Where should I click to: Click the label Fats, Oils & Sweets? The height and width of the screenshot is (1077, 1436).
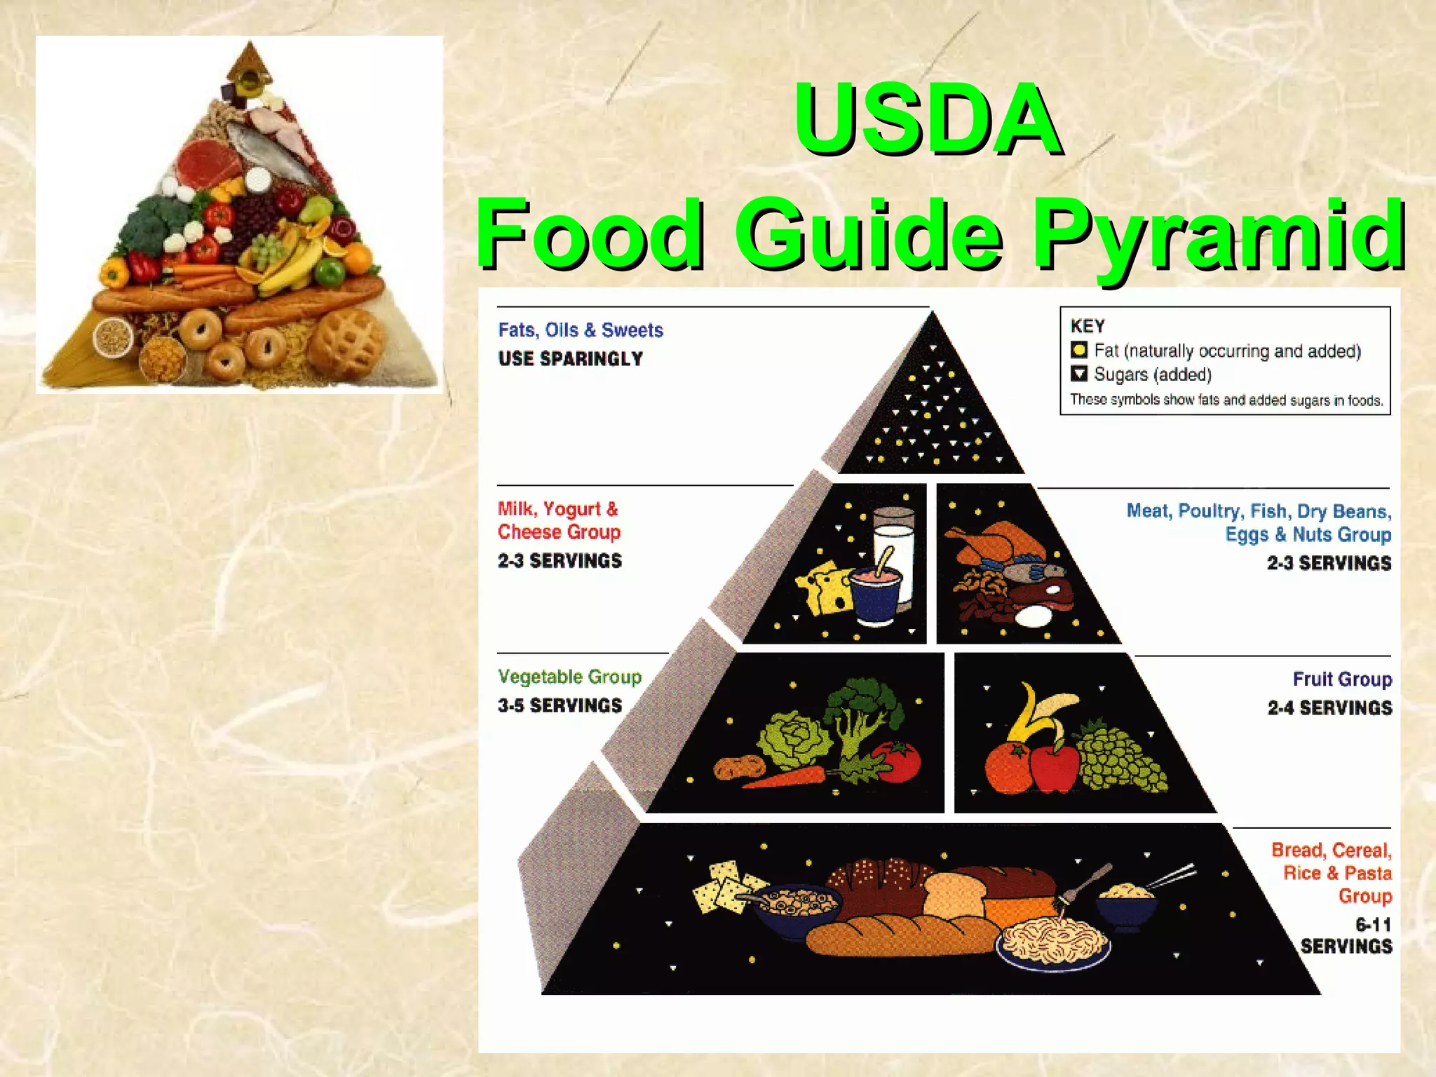(x=581, y=330)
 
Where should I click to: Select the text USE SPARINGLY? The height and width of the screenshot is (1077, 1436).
(x=570, y=359)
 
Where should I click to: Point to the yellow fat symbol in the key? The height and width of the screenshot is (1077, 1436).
(x=1079, y=350)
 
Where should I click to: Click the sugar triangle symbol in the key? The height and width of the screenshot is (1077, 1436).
(x=1079, y=374)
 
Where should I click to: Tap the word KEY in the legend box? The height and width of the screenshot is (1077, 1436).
(x=1088, y=326)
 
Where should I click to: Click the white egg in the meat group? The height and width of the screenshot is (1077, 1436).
(x=1034, y=616)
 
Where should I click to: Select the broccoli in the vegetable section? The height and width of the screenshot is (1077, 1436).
(x=864, y=708)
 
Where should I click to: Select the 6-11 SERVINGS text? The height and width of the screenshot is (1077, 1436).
(x=1348, y=935)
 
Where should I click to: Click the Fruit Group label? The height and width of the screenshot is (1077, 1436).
(x=1342, y=679)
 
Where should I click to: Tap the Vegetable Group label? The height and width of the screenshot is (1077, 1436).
(x=569, y=677)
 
